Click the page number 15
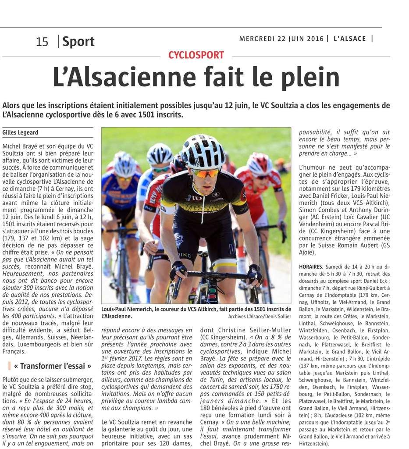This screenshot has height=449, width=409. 42,42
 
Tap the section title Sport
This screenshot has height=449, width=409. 78,42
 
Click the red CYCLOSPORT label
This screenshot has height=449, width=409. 196,55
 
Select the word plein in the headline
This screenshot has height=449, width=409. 308,78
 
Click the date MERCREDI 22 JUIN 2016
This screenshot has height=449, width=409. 281,39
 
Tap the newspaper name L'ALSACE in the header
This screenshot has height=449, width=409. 349,39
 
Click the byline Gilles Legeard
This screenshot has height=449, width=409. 21,132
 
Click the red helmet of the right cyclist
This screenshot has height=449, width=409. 260,164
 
